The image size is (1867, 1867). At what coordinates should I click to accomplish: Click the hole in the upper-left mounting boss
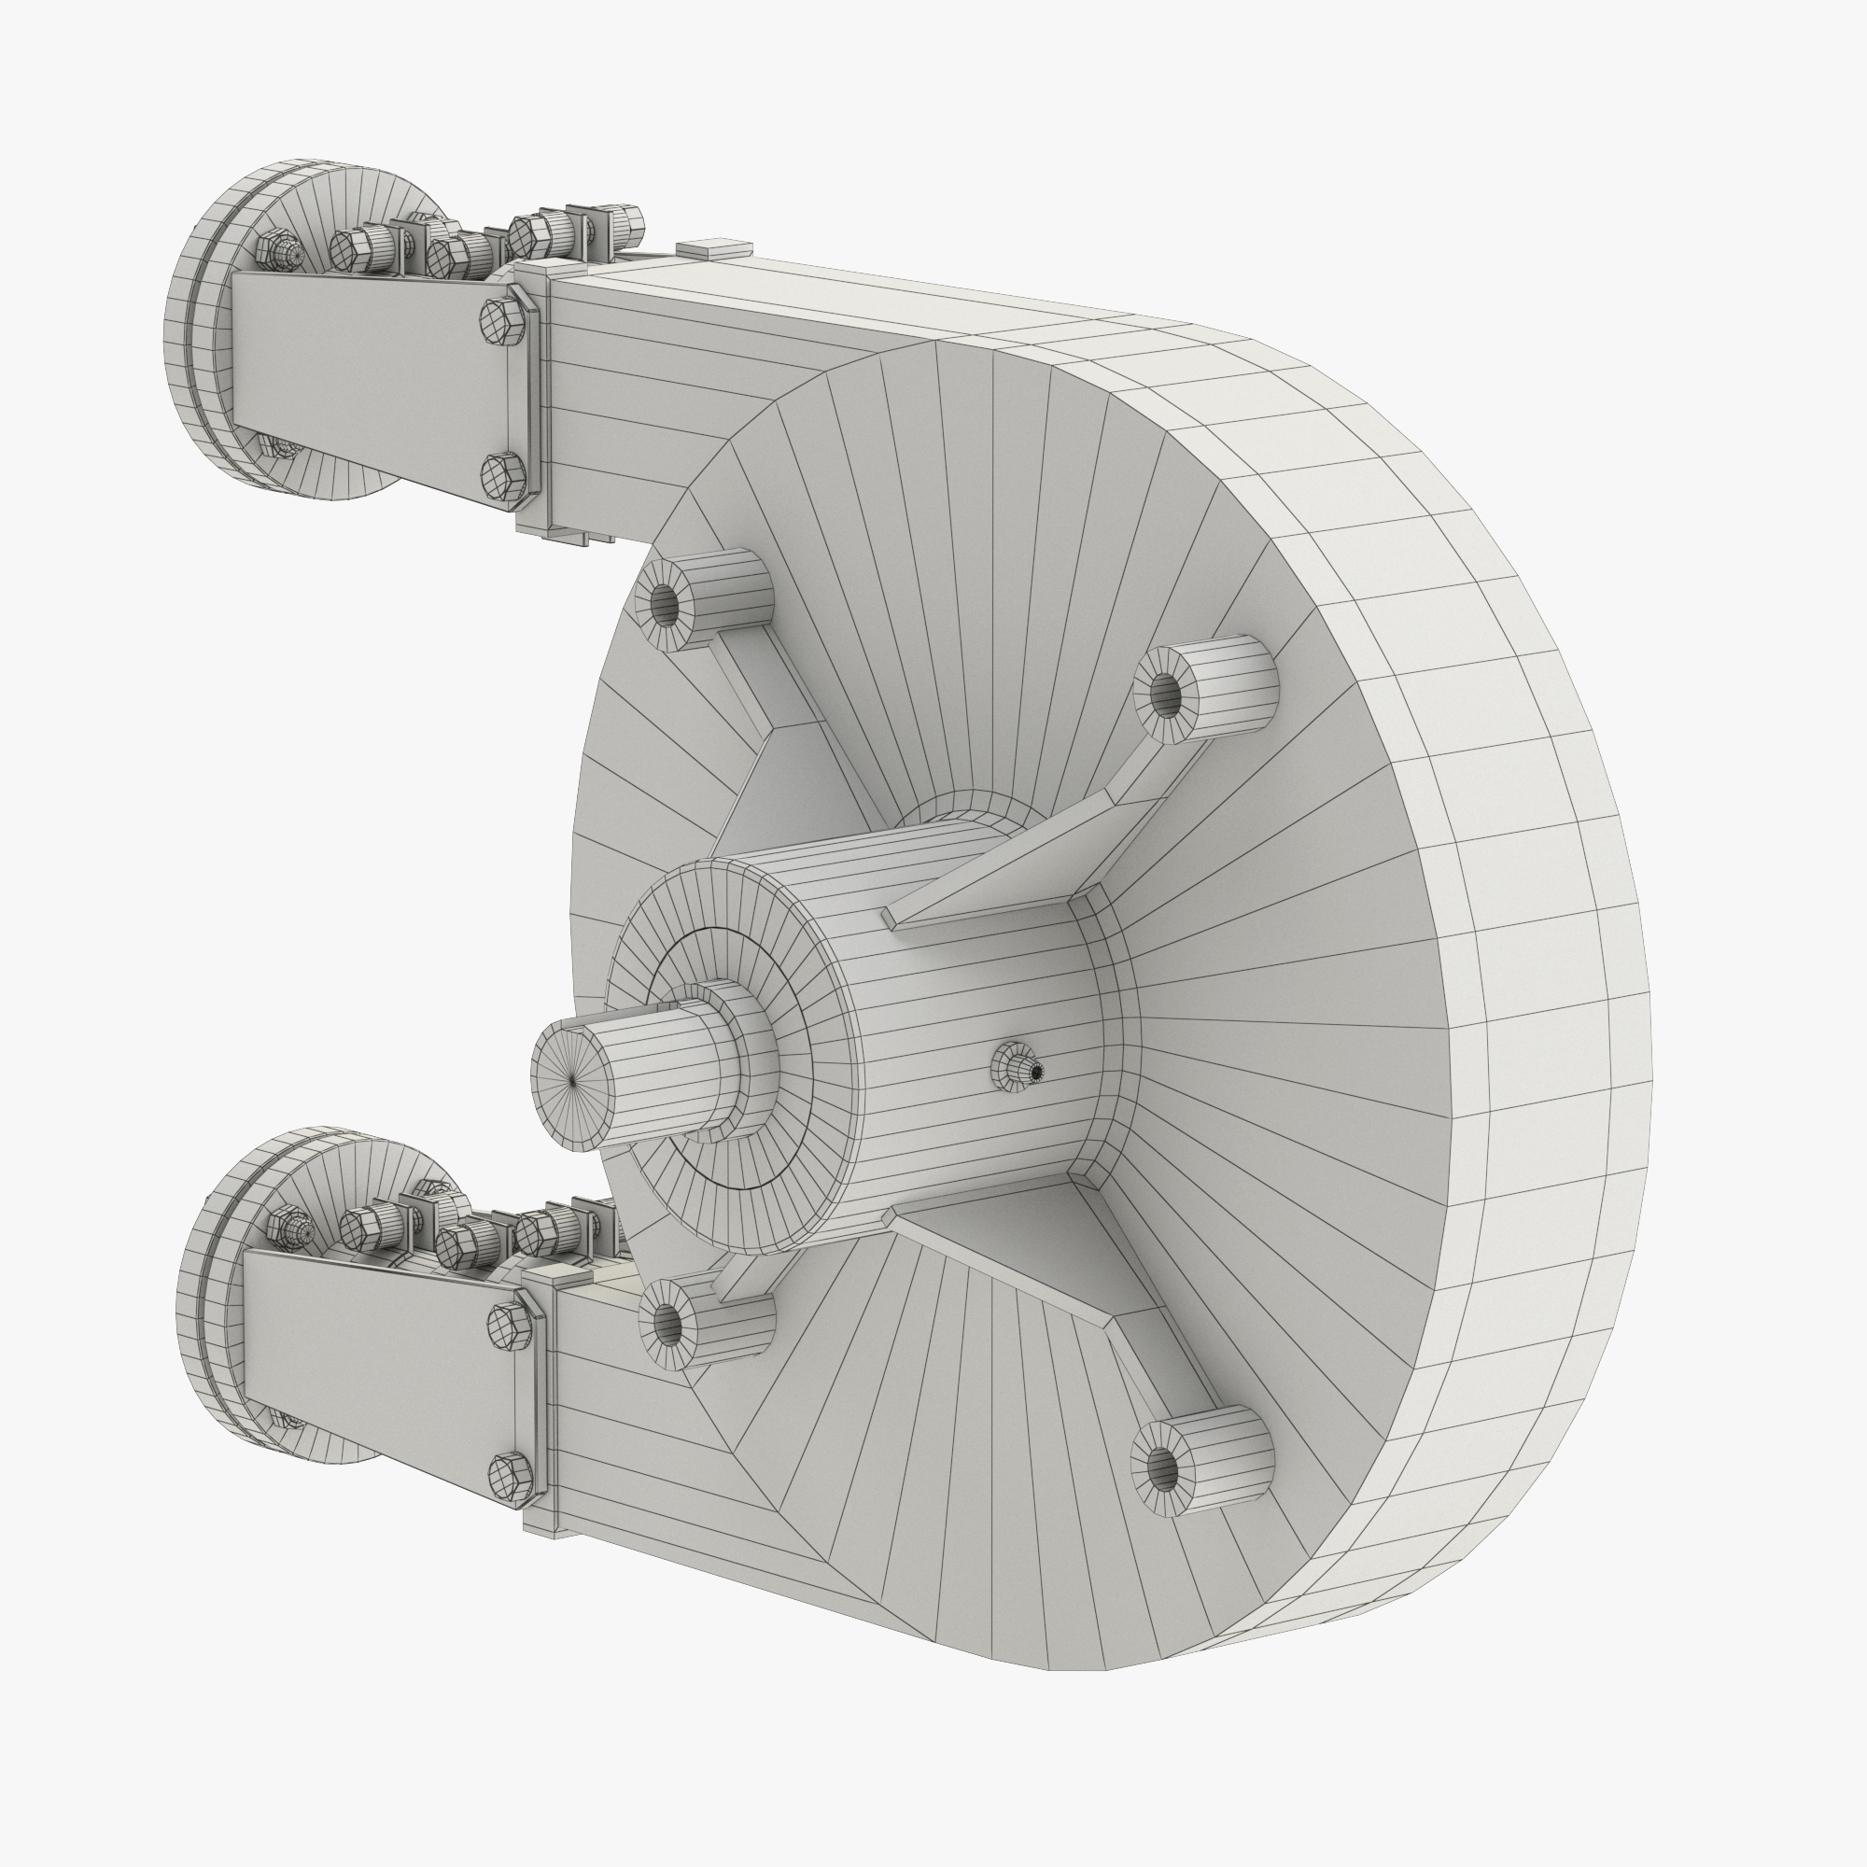pyautogui.click(x=665, y=604)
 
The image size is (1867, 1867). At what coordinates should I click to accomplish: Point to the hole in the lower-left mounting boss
pyautogui.click(x=667, y=1325)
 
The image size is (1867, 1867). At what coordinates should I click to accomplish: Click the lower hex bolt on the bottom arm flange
pyautogui.click(x=510, y=1476)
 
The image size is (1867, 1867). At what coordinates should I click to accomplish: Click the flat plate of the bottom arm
pyautogui.click(x=377, y=1353)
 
